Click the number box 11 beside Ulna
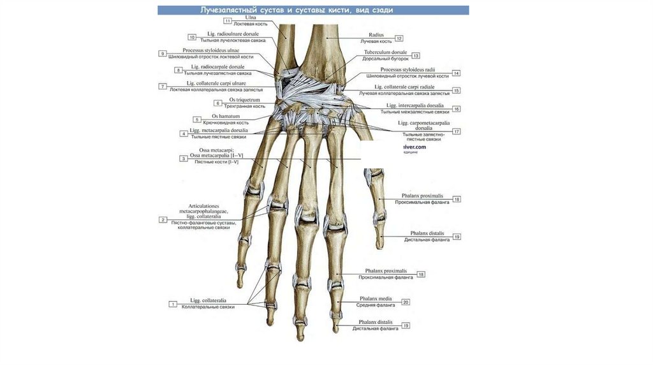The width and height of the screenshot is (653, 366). click(x=228, y=20)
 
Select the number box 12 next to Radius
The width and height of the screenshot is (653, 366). click(x=399, y=38)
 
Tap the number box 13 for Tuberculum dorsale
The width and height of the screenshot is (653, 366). click(x=416, y=55)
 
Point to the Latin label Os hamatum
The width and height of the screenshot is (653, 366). click(x=226, y=117)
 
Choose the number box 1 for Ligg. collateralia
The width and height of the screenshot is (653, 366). click(x=173, y=304)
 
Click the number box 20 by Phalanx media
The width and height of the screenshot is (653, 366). click(x=406, y=302)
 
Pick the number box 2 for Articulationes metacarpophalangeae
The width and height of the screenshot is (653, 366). click(x=163, y=219)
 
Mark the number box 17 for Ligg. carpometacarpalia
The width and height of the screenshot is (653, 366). click(x=457, y=131)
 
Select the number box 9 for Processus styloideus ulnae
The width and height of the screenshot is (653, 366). click(x=163, y=54)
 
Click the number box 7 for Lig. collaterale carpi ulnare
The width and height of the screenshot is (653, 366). click(x=163, y=86)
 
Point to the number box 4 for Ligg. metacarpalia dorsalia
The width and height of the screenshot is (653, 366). click(x=184, y=133)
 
